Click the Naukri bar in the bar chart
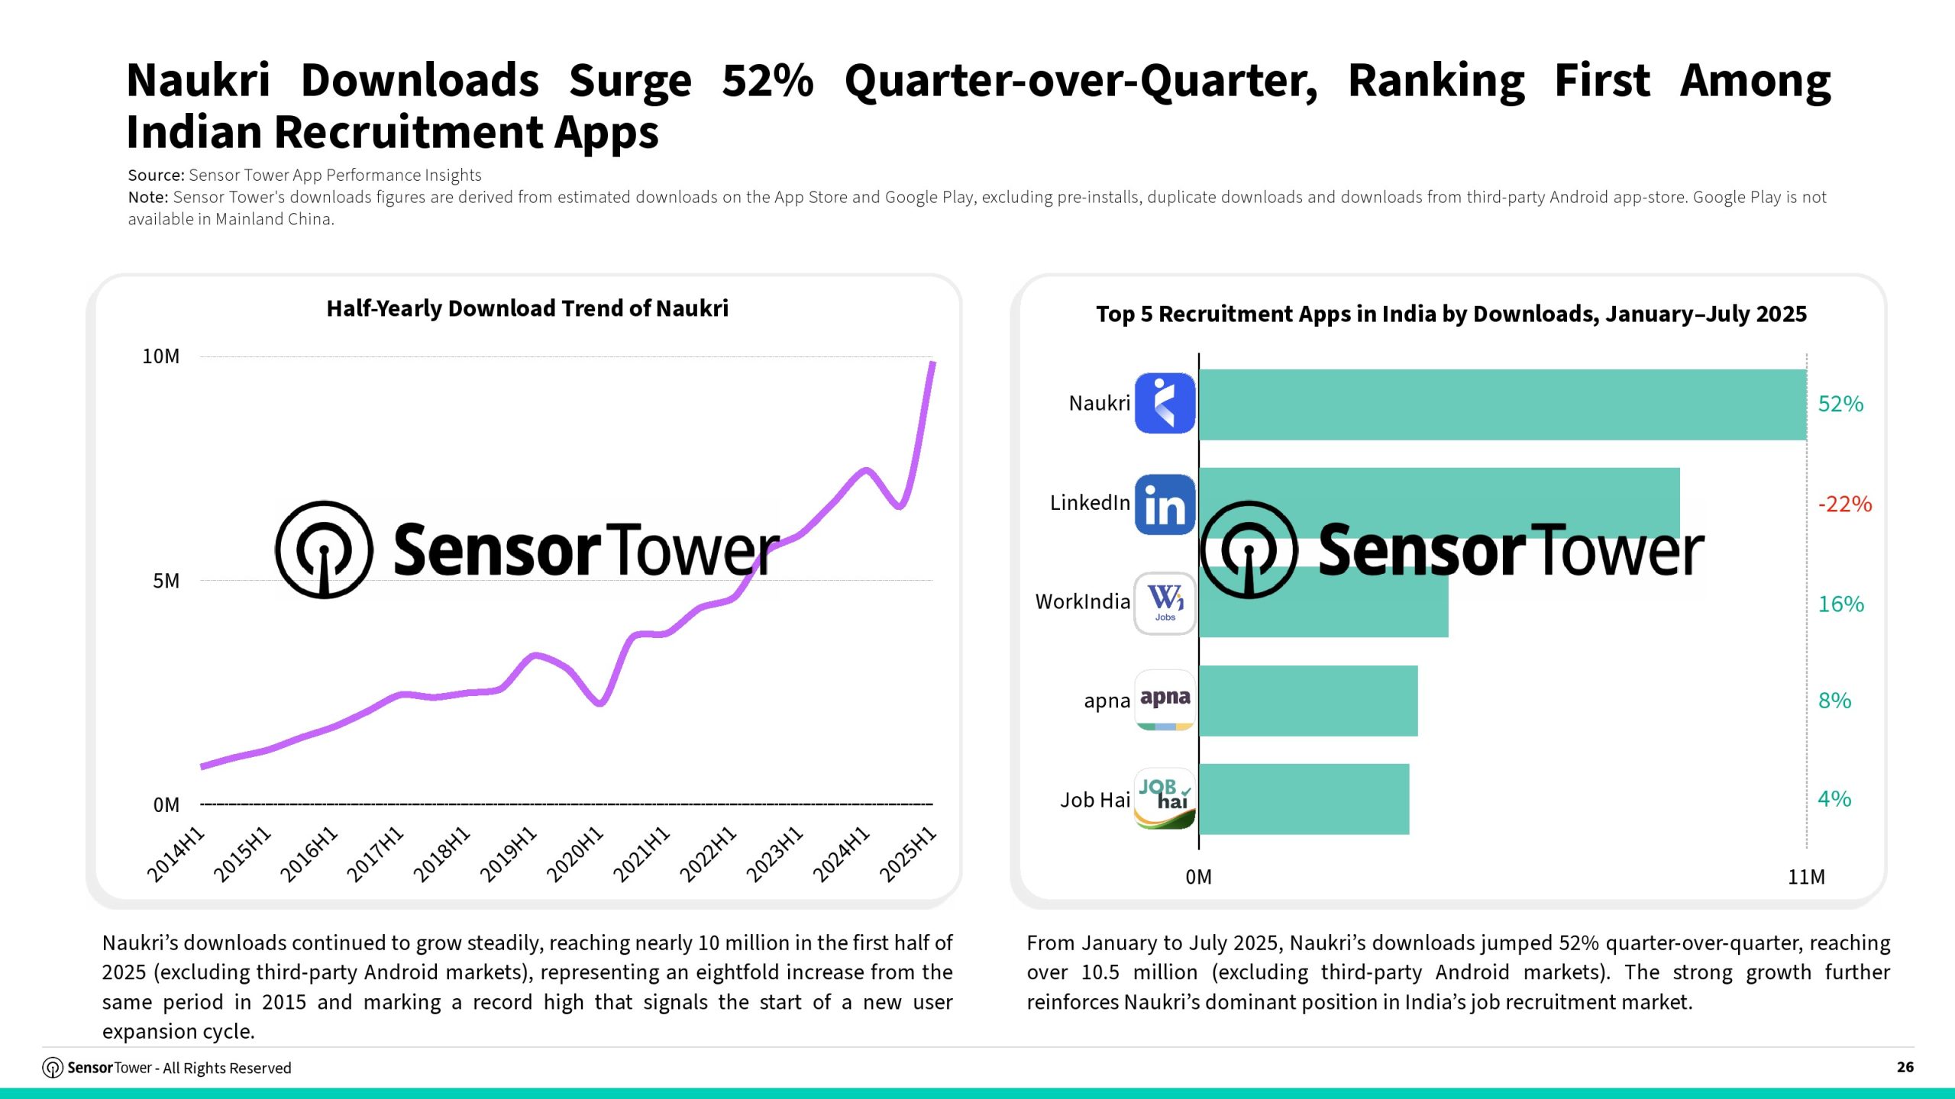tap(1501, 404)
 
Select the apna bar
tap(1307, 701)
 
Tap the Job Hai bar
tap(1304, 799)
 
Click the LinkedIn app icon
tap(1165, 504)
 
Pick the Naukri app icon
tap(1165, 403)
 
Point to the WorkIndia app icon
tap(1165, 603)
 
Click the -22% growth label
tap(1844, 504)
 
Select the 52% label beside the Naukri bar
tap(1840, 404)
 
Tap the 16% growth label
tap(1840, 604)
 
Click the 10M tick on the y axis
tap(161, 356)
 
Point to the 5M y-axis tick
tap(166, 581)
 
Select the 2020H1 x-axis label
tap(575, 855)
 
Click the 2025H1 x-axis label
tap(907, 855)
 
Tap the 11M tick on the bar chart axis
tap(1806, 877)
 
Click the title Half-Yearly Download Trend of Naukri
tap(527, 308)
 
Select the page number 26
tap(1905, 1067)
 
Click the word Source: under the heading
tap(156, 176)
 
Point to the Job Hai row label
tap(1094, 800)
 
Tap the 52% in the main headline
tap(767, 80)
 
